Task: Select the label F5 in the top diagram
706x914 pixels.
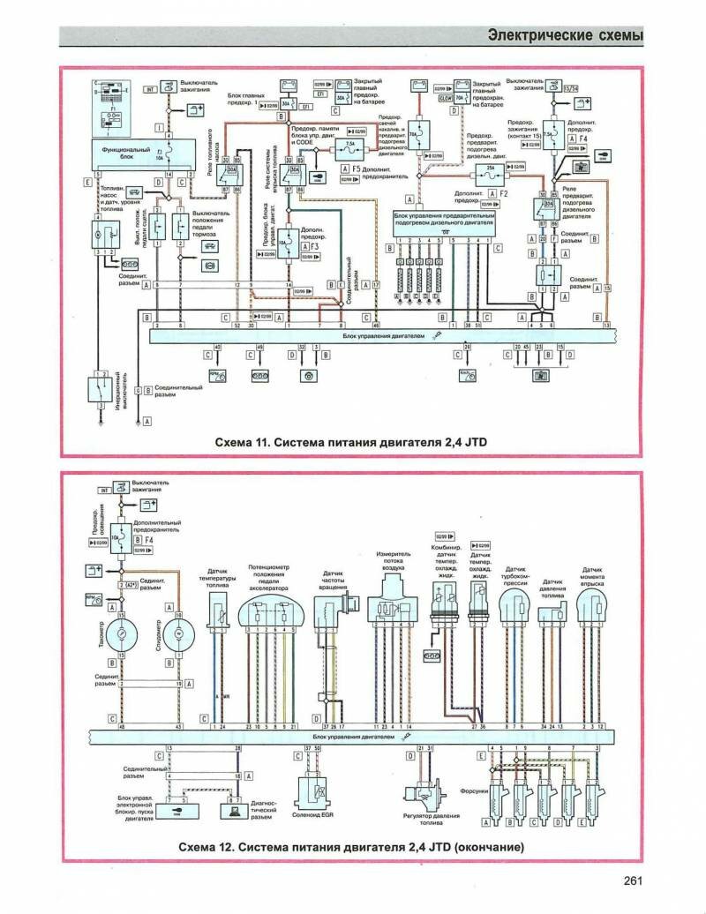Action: (357, 168)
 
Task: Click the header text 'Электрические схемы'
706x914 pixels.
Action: (565, 36)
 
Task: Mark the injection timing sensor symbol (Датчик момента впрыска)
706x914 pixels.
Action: (592, 610)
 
